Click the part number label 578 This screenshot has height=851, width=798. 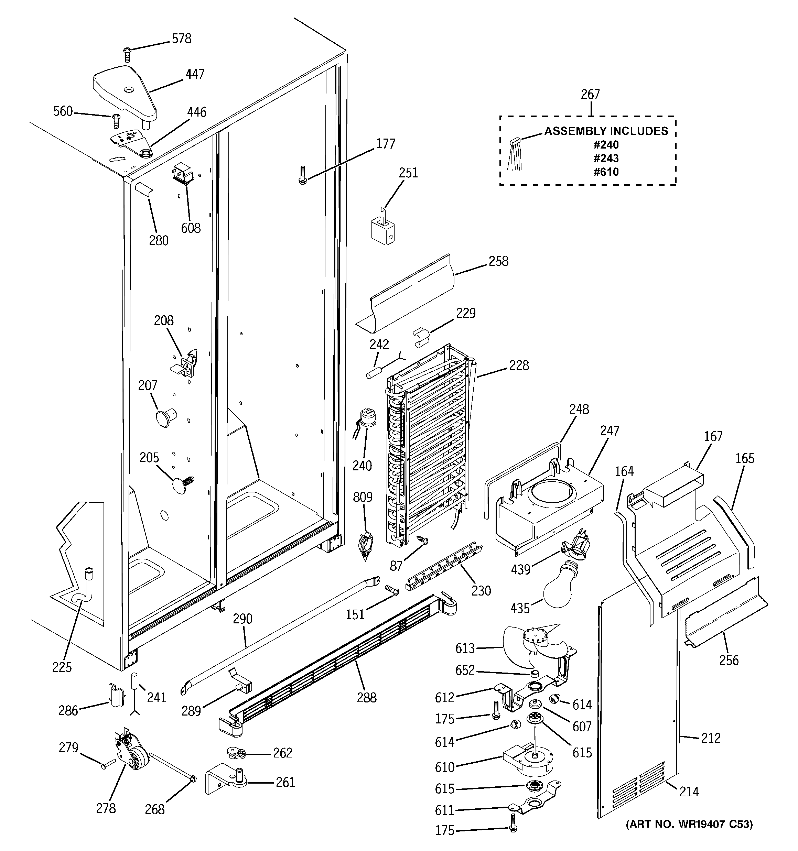point(182,39)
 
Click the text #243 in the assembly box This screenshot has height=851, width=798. point(606,159)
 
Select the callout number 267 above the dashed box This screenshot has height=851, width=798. point(590,94)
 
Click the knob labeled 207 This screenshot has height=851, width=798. point(165,417)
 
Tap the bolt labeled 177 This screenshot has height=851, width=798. point(302,175)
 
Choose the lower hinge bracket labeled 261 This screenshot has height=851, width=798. point(225,782)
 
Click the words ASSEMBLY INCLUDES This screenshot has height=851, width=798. point(606,131)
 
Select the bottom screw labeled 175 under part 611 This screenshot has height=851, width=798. point(513,830)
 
